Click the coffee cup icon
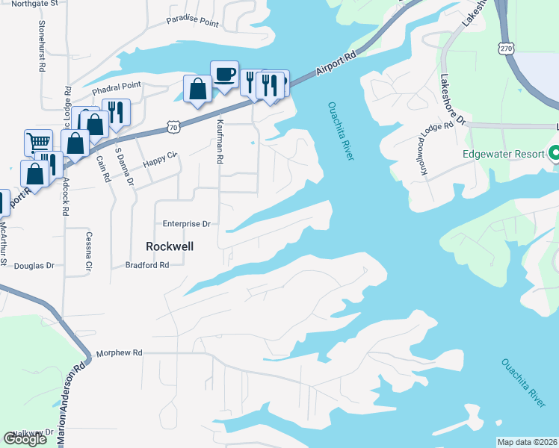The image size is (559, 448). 224,74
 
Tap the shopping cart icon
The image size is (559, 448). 38,142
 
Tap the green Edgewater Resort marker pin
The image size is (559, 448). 554,153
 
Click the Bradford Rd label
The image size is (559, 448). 147,264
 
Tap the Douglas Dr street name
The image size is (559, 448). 34,265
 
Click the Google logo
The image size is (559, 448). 25,439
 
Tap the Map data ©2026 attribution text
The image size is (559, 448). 527,442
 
